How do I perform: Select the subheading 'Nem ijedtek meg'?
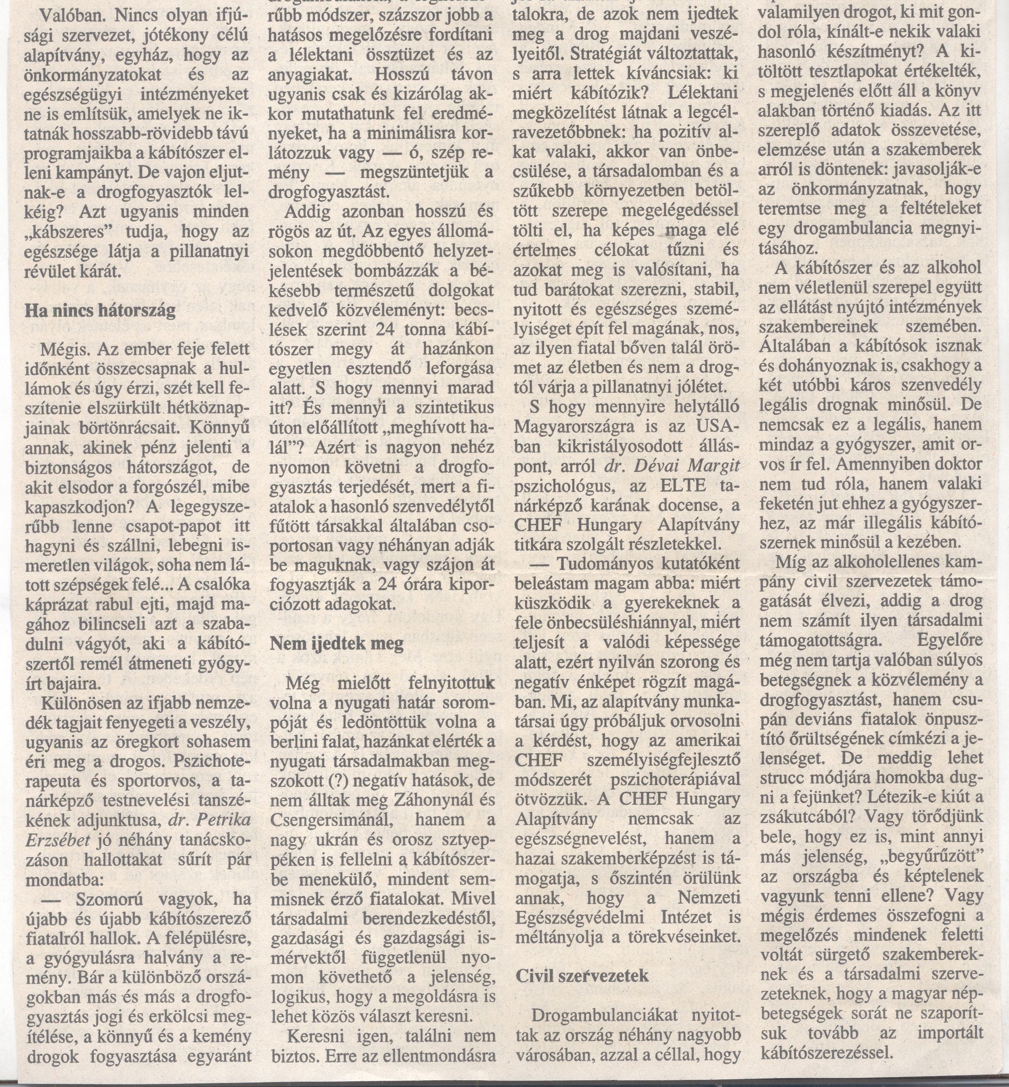(337, 643)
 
